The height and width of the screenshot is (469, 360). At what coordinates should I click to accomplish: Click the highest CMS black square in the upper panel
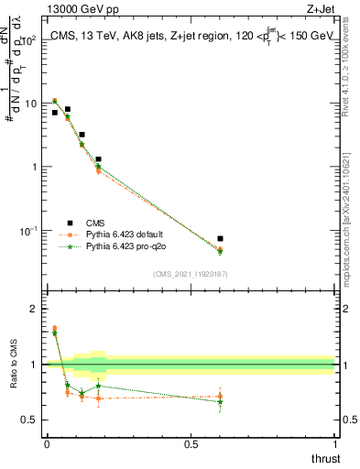[x=68, y=109]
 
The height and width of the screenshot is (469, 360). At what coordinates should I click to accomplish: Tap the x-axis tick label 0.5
[x=191, y=445]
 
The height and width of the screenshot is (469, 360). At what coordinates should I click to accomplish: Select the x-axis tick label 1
[x=335, y=445]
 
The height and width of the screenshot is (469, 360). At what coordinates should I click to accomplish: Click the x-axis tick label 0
[x=47, y=445]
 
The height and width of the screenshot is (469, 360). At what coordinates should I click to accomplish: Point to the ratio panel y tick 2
[x=34, y=309]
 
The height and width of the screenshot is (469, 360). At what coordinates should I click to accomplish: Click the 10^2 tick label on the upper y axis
[x=30, y=40]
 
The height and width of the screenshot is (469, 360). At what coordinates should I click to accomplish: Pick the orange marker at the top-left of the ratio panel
[x=55, y=328]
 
